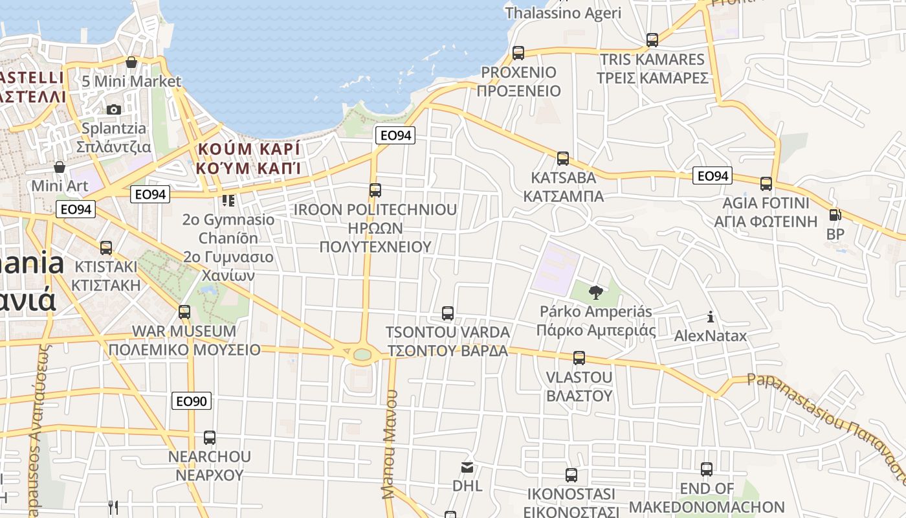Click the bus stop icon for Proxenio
point(518,53)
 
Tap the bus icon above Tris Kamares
point(652,40)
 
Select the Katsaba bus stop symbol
point(563,159)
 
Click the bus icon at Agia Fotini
point(766,184)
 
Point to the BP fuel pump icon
point(835,215)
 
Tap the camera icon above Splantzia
point(114,109)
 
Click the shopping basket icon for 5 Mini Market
point(131,63)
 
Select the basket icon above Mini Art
point(60,168)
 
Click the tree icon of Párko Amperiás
point(595,293)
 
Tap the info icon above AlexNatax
point(711,317)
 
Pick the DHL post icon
point(467,467)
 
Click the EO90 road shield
point(192,401)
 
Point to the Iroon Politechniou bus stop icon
point(375,190)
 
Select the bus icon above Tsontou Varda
point(447,313)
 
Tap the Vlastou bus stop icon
point(579,358)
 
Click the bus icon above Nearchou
point(209,438)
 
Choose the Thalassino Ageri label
point(563,12)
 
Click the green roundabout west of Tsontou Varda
point(362,354)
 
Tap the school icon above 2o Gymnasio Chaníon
point(228,201)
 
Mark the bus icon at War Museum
point(184,312)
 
